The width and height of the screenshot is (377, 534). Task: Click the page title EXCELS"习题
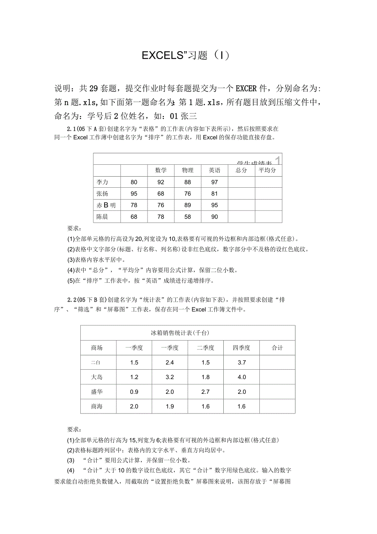click(185, 55)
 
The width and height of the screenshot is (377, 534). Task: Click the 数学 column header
click(161, 170)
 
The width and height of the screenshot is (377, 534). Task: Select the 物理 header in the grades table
click(188, 170)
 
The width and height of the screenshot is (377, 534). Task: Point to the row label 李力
click(102, 182)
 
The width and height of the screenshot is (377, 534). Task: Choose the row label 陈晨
click(102, 217)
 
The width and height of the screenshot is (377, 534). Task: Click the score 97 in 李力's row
click(214, 182)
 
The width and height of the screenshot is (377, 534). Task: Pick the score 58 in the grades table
click(188, 217)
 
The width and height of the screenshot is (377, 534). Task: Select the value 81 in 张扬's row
click(214, 193)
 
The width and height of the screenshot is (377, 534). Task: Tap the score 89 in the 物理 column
click(188, 205)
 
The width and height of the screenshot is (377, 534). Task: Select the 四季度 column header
click(241, 348)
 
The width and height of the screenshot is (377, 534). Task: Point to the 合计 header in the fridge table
click(277, 348)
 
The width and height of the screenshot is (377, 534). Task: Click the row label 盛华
click(97, 392)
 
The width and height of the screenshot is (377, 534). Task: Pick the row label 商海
click(97, 407)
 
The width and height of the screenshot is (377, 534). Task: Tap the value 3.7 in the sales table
click(241, 362)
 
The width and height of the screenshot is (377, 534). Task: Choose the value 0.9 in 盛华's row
click(134, 392)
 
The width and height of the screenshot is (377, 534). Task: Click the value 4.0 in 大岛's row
click(241, 377)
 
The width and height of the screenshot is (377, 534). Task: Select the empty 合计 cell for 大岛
click(277, 377)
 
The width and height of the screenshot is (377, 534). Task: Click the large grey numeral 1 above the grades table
click(278, 160)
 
